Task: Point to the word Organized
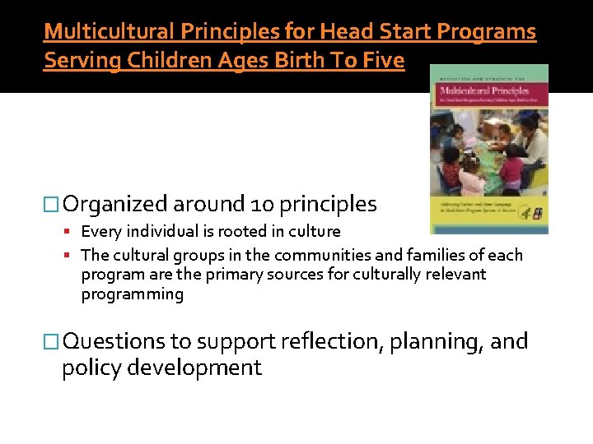115,204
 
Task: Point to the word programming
133,294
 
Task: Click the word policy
89,368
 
